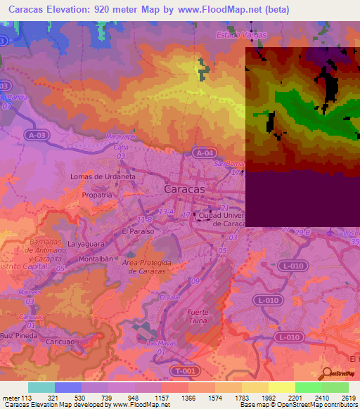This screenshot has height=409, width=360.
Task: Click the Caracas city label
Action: click(x=184, y=189)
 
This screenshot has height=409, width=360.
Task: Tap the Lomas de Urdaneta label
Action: click(x=103, y=176)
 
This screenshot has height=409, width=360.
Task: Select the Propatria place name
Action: click(x=97, y=195)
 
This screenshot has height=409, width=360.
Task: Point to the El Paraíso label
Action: click(x=136, y=230)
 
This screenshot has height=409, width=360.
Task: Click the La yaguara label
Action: click(x=86, y=244)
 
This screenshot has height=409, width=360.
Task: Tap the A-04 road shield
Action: click(x=204, y=152)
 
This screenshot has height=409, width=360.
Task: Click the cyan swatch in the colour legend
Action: click(x=41, y=387)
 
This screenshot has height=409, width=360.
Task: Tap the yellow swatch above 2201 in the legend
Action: click(x=282, y=387)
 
